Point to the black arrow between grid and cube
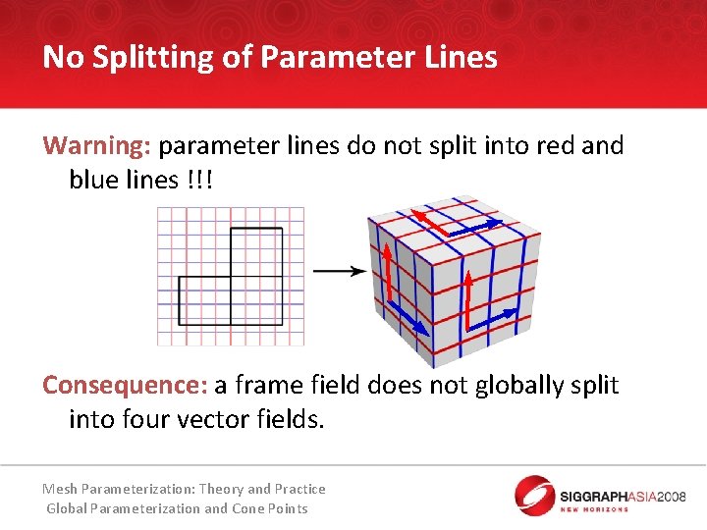(x=339, y=271)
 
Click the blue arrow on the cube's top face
(x=472, y=228)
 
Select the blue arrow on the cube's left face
(x=408, y=317)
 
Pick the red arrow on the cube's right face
(x=468, y=300)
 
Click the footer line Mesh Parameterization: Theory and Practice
(x=184, y=489)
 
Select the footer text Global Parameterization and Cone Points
(x=178, y=508)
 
